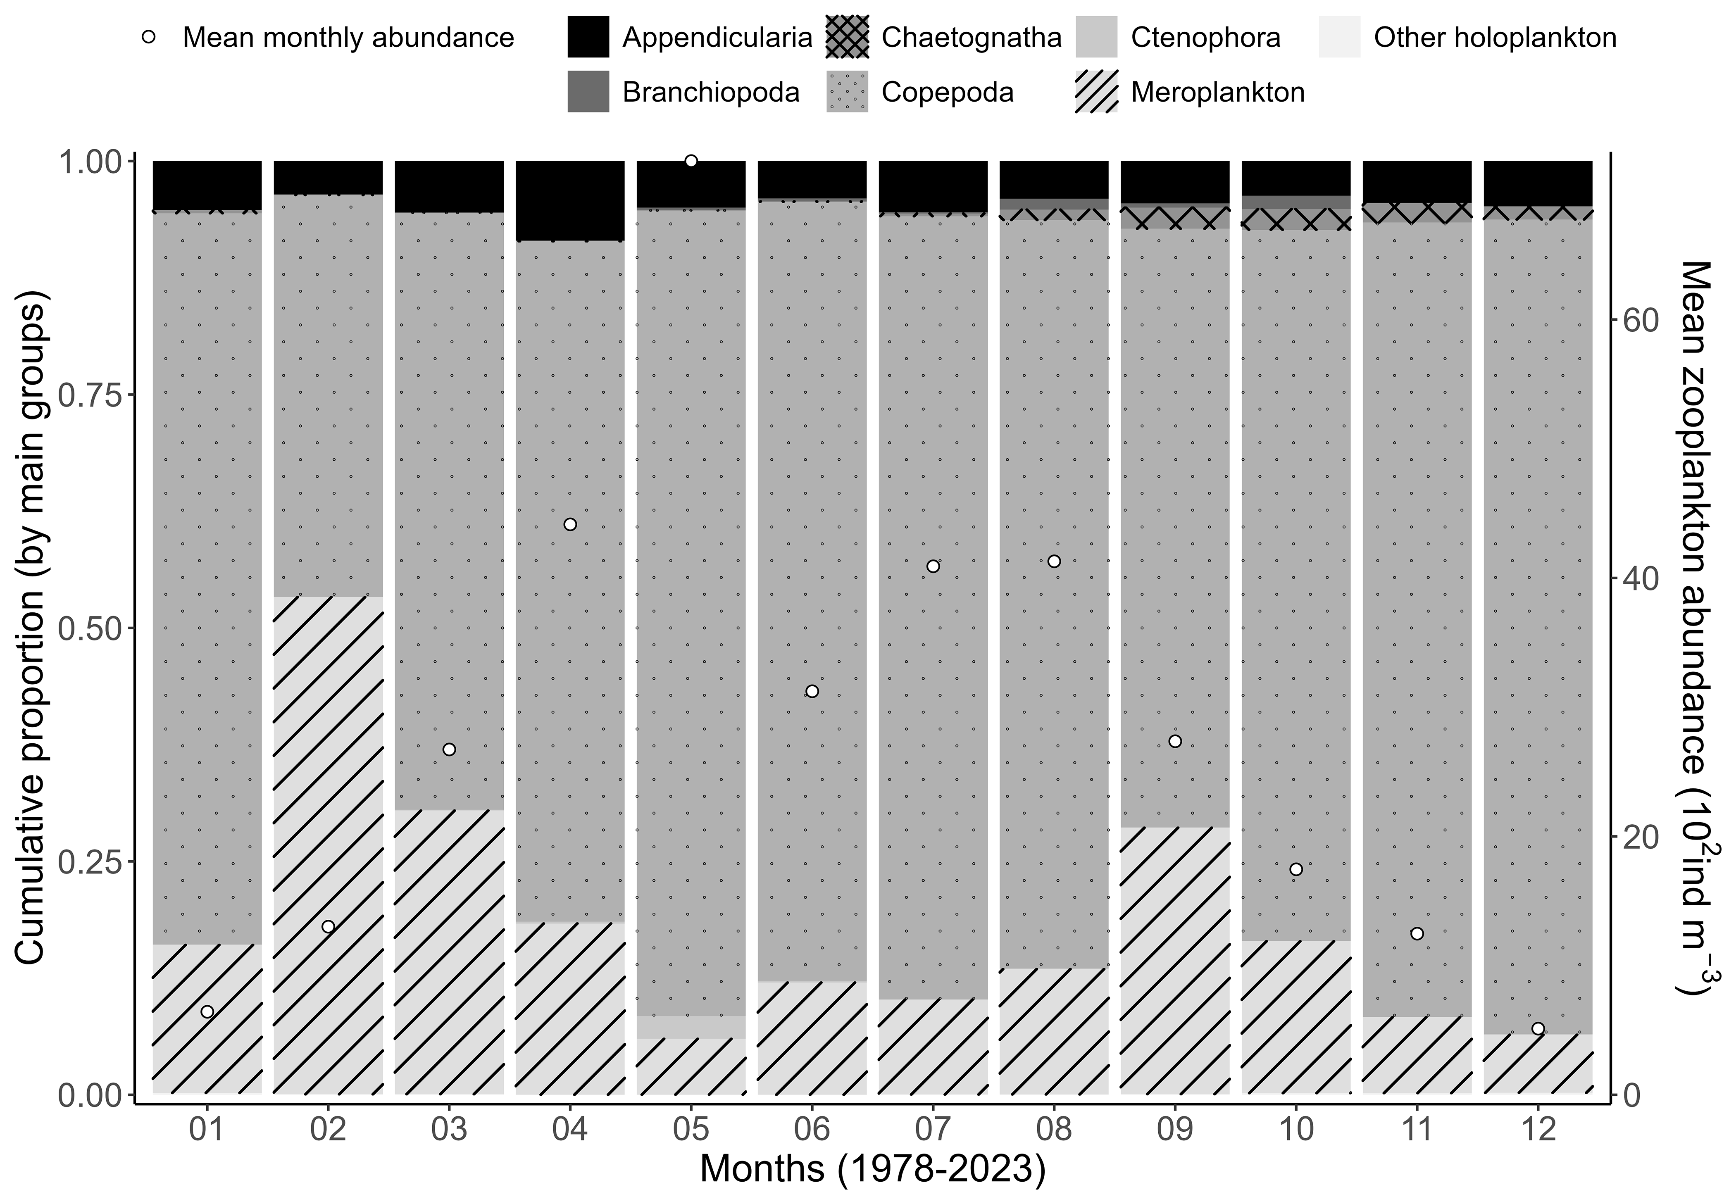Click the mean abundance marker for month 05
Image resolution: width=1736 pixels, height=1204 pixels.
pos(691,161)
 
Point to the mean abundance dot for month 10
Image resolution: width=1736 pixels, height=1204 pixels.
pos(1296,869)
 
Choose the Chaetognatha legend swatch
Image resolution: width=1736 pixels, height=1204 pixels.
pos(847,37)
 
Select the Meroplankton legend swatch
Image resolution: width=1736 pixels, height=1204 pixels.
pos(1096,92)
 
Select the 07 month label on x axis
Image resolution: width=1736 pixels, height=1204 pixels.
pos(933,1129)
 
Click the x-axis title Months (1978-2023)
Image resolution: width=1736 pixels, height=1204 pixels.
pos(872,1168)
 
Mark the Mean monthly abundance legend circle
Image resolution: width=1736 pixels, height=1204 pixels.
pos(149,37)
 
